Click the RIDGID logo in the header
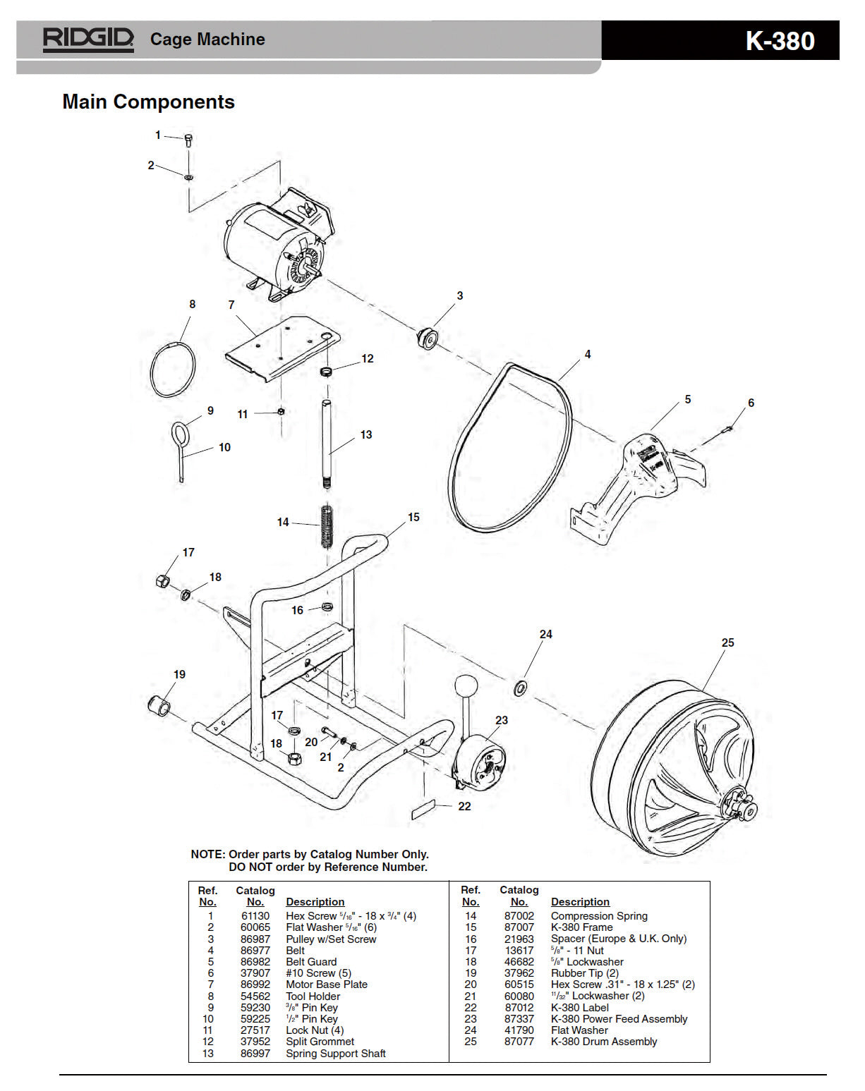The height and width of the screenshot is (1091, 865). point(88,39)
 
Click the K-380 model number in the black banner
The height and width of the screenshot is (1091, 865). point(780,41)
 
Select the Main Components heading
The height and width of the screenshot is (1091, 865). point(148,102)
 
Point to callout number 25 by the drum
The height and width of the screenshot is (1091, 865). point(727,642)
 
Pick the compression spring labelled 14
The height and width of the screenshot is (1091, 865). point(326,526)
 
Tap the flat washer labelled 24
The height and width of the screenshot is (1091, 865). point(520,687)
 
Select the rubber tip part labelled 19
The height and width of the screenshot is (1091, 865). point(159,705)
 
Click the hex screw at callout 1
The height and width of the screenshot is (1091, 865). point(188,140)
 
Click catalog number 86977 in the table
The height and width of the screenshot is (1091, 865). point(255,950)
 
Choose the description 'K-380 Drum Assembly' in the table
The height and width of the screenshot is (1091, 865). point(603,1041)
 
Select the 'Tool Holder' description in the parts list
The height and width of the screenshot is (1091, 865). point(313,996)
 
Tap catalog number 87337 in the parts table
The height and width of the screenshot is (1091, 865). point(519,1018)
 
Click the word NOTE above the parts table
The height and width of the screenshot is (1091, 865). point(207,854)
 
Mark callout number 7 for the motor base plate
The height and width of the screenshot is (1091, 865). point(231,305)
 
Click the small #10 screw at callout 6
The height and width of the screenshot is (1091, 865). point(730,428)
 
